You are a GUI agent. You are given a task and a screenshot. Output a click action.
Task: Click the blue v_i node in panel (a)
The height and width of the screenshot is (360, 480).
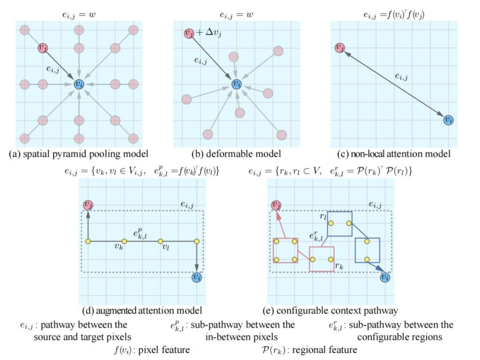coord(79,84)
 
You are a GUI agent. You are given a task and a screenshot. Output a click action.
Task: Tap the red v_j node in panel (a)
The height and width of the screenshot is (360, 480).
coord(43,48)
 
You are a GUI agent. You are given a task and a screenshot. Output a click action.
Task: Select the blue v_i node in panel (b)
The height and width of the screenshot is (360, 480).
coord(237,84)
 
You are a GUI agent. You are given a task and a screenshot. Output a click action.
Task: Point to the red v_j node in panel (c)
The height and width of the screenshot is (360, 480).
coord(340,48)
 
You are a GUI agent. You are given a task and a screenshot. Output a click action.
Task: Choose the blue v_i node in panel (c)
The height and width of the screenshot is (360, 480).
coord(449,120)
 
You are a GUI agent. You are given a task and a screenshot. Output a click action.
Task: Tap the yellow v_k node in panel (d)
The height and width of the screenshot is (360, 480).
coord(124,242)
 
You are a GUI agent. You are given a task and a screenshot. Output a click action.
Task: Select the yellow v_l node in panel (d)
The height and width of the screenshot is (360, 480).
coord(160,242)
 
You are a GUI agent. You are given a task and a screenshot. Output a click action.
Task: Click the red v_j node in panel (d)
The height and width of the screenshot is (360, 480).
coord(88,205)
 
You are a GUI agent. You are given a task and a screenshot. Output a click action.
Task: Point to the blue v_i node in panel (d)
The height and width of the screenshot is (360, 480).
coord(197,277)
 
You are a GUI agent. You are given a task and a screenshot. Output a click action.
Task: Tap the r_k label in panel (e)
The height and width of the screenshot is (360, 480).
coord(339,266)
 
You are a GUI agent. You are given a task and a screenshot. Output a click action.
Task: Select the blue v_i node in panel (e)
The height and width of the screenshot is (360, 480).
coord(385,277)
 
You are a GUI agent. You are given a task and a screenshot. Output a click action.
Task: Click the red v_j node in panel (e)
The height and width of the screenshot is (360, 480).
coord(277,205)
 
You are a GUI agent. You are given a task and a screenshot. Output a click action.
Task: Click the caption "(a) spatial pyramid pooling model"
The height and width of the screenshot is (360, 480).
coord(79,154)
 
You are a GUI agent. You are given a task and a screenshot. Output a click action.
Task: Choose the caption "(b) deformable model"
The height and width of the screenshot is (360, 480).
coord(236,154)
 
